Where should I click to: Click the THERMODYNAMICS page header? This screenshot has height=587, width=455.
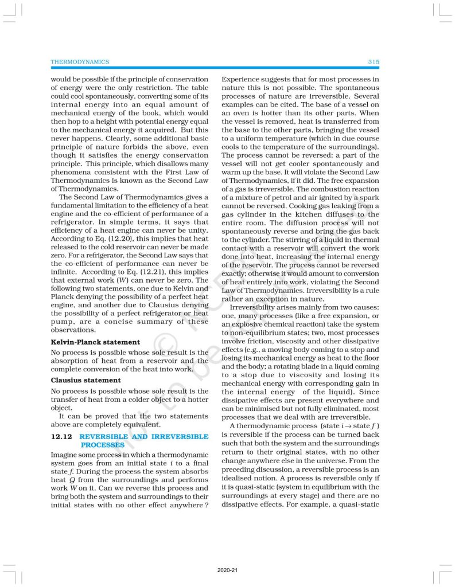tap(80, 61)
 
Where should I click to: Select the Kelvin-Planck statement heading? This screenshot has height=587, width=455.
tap(95, 342)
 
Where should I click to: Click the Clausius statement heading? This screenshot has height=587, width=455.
tap(85, 380)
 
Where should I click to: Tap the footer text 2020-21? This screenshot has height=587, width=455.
tap(227, 570)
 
